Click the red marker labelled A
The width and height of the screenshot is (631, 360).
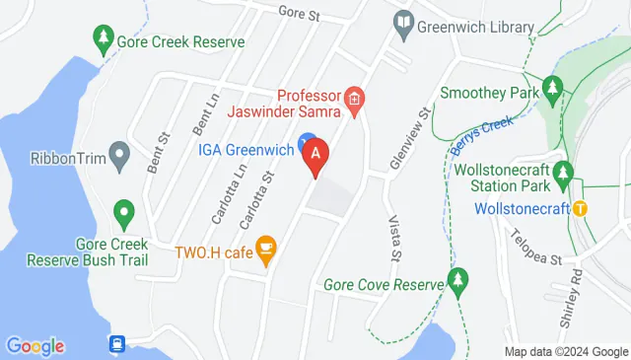315,155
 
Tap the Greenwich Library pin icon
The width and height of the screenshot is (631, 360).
403,22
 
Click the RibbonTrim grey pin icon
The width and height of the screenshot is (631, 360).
120,154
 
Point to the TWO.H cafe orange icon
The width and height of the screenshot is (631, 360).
265,249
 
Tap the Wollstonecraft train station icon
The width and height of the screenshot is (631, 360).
581,208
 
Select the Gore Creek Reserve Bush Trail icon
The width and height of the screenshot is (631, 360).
123,211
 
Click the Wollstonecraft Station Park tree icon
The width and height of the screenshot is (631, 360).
563,175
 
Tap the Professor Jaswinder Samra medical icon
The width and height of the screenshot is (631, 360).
355,99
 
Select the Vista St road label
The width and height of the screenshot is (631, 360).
393,241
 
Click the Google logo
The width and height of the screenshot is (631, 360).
35,346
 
